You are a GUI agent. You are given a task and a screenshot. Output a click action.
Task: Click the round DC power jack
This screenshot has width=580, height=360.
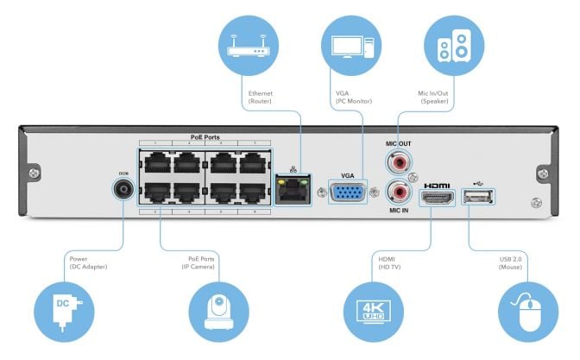[122, 189]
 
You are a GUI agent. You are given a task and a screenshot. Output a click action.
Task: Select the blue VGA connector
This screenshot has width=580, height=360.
[348, 192]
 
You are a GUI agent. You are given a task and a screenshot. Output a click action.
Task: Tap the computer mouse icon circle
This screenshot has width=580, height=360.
[526, 312]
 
